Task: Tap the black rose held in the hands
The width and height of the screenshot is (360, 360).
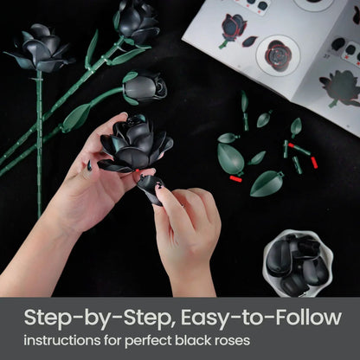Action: coord(134,143)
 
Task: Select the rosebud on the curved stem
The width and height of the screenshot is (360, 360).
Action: coord(145,87)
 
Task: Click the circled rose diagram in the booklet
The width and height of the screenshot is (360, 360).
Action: coord(279,54)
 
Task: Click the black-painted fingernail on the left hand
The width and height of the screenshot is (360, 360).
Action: coord(89,164)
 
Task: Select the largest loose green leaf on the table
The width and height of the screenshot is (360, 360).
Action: coord(230,158)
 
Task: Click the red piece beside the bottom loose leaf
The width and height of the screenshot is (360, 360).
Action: coord(235,179)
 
